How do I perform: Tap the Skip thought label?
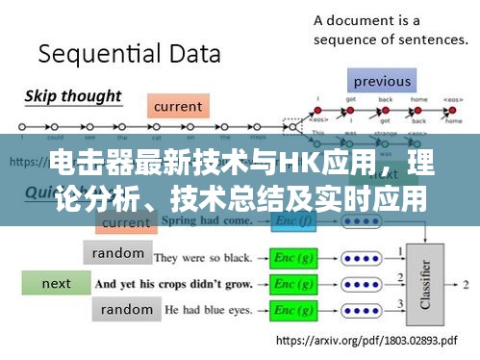point(72,95)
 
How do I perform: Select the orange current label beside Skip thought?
point(178,106)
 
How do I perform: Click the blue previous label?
point(382,81)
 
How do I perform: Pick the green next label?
point(57,283)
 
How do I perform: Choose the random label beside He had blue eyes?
point(126,309)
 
